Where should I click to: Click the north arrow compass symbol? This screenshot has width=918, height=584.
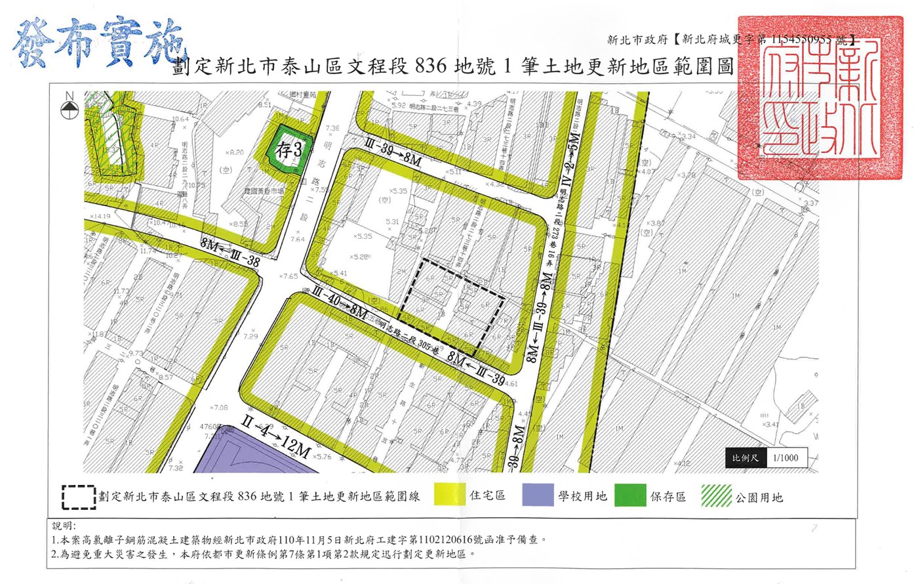70,108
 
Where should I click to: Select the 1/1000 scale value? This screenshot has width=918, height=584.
786,457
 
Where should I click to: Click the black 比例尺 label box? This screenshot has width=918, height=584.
745,457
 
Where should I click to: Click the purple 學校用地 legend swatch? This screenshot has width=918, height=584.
538,495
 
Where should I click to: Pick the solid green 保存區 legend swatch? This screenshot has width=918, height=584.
629,495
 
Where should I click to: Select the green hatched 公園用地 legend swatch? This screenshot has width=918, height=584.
716,495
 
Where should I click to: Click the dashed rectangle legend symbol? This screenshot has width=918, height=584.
79,497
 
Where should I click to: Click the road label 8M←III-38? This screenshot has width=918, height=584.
230,253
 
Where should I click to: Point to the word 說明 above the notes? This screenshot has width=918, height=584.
64,526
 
